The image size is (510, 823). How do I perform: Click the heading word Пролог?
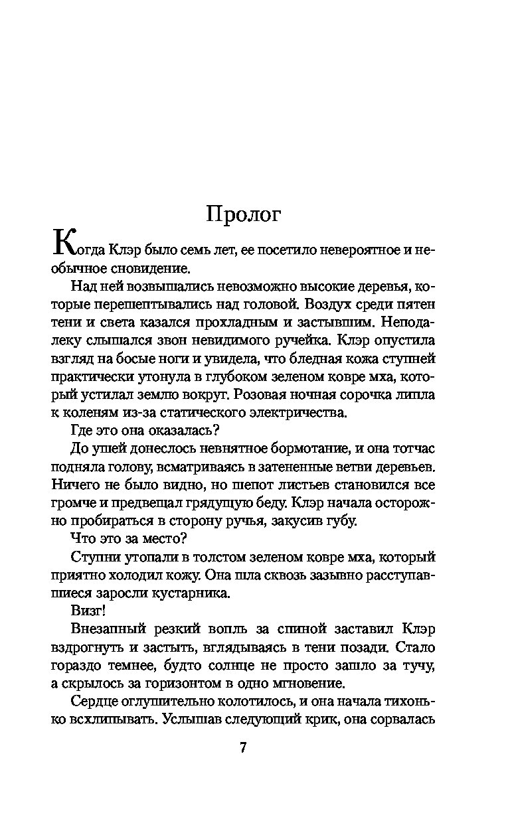tap(244, 214)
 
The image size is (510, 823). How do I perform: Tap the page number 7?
tap(242, 747)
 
